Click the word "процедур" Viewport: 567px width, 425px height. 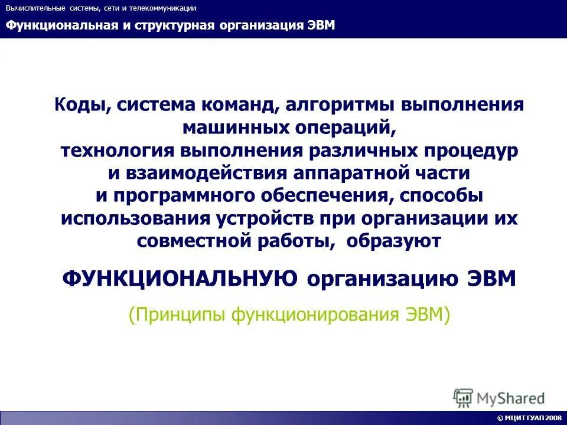click(467, 151)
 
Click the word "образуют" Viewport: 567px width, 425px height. click(393, 240)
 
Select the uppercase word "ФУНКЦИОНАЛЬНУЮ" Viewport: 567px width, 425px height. click(180, 278)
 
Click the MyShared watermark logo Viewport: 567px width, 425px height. click(498, 397)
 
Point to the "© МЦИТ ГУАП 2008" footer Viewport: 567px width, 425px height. click(529, 418)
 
